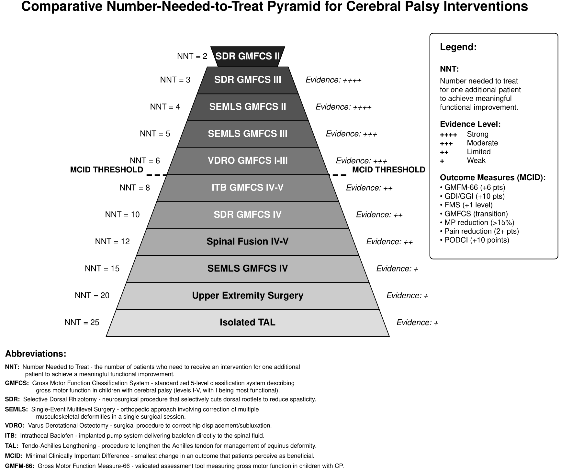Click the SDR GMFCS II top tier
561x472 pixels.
point(248,57)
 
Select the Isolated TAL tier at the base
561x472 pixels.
point(248,323)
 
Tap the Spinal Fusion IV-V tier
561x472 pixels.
point(248,242)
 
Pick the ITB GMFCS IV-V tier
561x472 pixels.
point(248,188)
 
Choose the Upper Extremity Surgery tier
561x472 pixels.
point(248,296)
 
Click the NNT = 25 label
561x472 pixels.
point(82,323)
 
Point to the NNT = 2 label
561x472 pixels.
point(192,56)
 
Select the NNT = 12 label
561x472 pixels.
point(112,242)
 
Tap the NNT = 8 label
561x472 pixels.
point(135,188)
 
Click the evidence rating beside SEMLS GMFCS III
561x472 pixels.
point(351,134)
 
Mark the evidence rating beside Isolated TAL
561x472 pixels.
point(417,323)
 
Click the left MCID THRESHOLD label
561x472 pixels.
point(107,170)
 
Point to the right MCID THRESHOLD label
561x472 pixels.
point(388,170)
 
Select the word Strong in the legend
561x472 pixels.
point(477,134)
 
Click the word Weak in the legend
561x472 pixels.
point(476,160)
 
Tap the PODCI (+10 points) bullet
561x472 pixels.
point(475,240)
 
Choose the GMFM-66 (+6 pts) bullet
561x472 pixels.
point(473,187)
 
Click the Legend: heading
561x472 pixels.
point(458,47)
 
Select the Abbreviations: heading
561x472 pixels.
point(36,354)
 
